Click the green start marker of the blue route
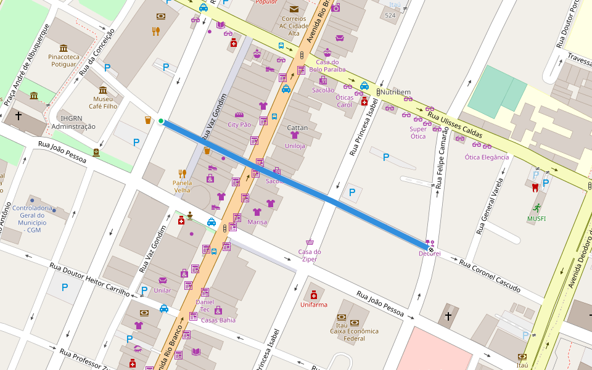(161, 121)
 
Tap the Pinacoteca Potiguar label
(64, 60)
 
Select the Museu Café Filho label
(103, 102)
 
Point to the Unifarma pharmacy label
(314, 305)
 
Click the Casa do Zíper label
(310, 255)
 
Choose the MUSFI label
(536, 218)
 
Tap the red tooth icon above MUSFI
(535, 187)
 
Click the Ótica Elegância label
(487, 157)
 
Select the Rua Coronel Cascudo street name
(490, 276)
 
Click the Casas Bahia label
(218, 320)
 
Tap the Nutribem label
(395, 92)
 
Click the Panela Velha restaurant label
(182, 186)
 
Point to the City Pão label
(239, 124)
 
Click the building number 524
(390, 15)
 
